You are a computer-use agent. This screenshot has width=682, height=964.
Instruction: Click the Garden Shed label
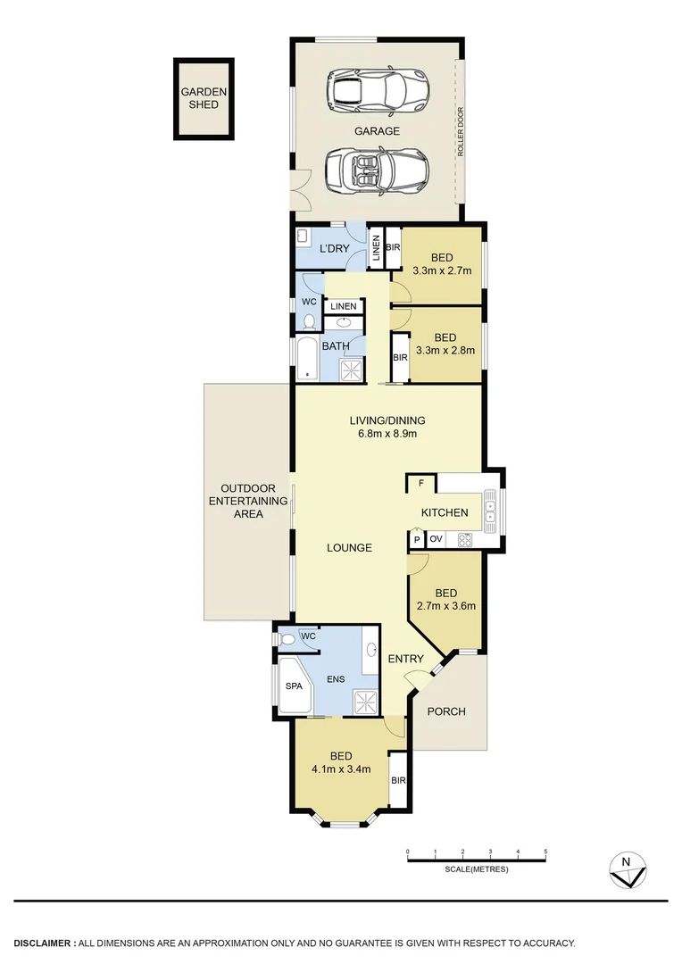coord(204,97)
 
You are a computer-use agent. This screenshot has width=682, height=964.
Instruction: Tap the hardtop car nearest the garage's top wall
coord(378,89)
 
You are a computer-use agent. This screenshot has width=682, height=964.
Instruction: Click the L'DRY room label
coord(334,247)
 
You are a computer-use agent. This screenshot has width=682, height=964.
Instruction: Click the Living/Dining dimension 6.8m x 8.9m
coord(387,434)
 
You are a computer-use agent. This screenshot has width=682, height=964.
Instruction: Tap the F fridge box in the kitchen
coord(420,484)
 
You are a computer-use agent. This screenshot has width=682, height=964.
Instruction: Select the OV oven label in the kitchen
coord(437,539)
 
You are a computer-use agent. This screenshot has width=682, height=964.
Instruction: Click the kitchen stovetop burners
coord(464,539)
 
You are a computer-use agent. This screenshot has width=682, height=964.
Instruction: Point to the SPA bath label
coord(293,686)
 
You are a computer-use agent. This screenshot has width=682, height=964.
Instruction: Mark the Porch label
coord(446,711)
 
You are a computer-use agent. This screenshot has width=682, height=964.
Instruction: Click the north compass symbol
coord(628,868)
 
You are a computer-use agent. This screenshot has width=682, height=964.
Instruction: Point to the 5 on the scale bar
coord(545,852)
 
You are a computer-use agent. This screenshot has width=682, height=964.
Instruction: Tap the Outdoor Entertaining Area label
coord(247,501)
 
